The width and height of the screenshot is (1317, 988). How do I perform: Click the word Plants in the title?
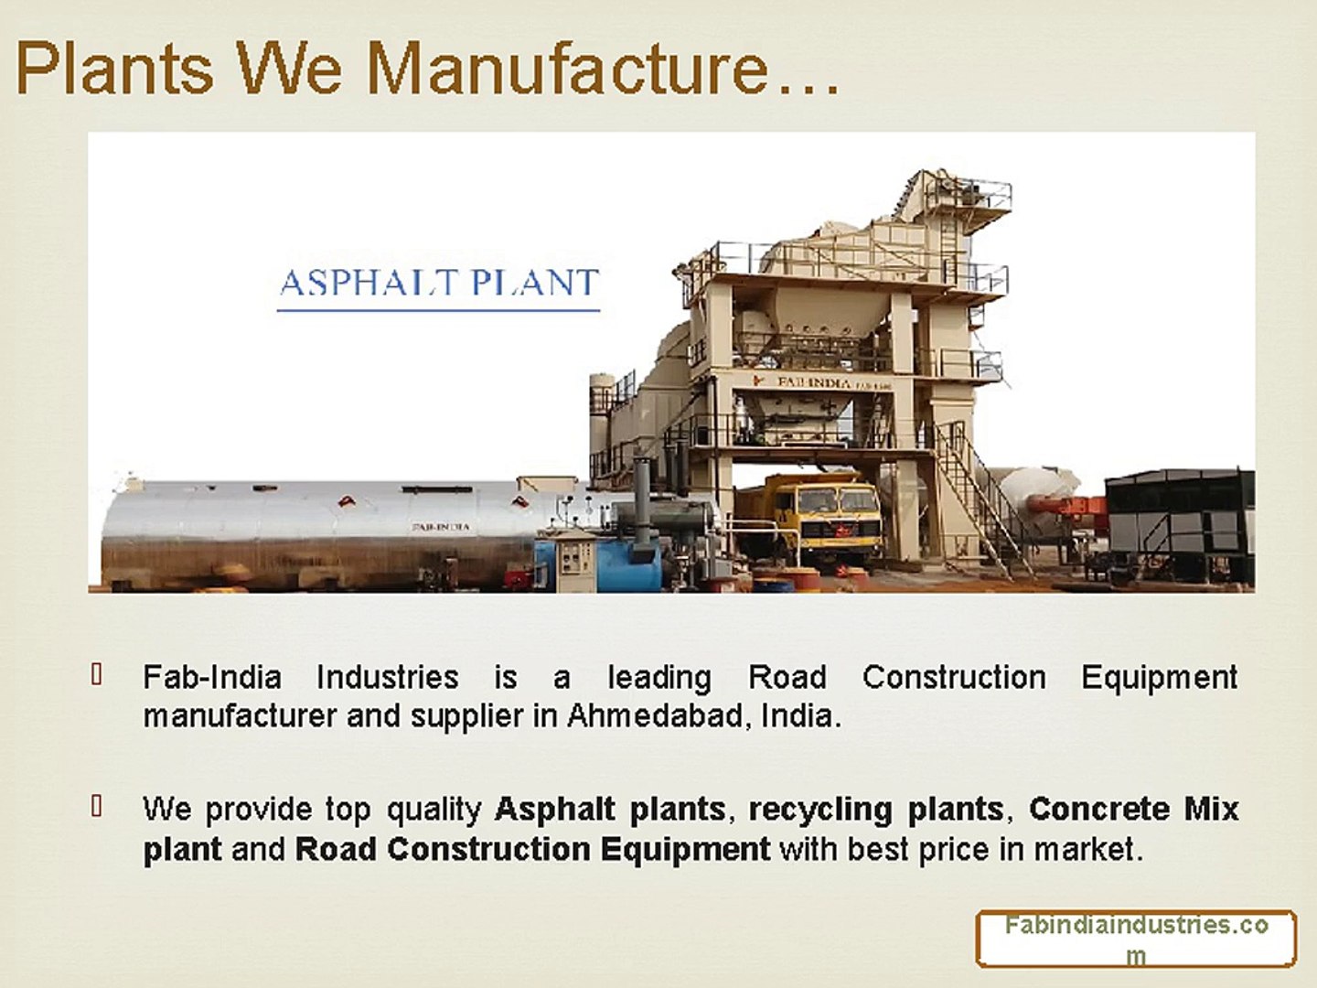pyautogui.click(x=114, y=67)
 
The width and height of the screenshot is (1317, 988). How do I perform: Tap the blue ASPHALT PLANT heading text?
pyautogui.click(x=439, y=283)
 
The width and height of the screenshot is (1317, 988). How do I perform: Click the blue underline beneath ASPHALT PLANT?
pyautogui.click(x=439, y=310)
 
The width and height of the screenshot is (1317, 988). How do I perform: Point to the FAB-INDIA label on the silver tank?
pyautogui.click(x=441, y=527)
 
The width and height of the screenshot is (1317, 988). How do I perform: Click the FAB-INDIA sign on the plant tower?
pyautogui.click(x=813, y=381)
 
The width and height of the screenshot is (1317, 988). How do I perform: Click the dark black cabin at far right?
pyautogui.click(x=1179, y=527)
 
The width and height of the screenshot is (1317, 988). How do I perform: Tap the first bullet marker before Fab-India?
pyautogui.click(x=96, y=674)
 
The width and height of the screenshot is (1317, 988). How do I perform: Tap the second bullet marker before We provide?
pyautogui.click(x=96, y=806)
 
